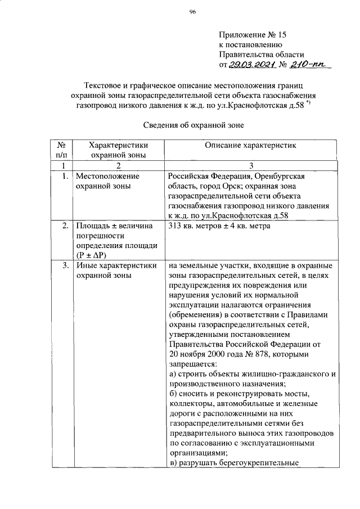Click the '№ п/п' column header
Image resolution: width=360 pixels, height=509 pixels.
62,150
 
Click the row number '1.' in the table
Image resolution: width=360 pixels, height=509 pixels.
65,177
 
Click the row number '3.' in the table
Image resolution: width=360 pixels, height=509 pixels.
65,265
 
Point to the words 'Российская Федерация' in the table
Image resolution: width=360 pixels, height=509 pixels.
206,177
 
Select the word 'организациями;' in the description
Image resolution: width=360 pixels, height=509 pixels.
197,453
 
